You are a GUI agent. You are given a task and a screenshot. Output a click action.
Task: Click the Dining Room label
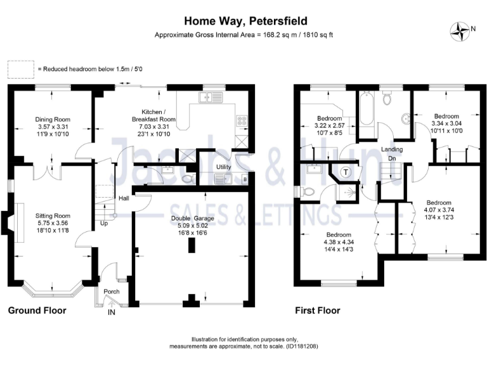53,119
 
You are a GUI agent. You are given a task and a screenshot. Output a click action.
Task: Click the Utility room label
223,167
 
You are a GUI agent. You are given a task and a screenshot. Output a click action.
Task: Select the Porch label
112,291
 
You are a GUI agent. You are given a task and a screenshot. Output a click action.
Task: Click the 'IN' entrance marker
112,312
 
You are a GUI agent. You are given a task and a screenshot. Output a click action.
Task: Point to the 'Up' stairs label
103,224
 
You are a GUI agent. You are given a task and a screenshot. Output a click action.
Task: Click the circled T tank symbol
346,172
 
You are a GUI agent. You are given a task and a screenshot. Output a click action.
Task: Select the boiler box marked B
245,180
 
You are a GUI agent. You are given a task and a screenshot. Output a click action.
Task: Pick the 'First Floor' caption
318,311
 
